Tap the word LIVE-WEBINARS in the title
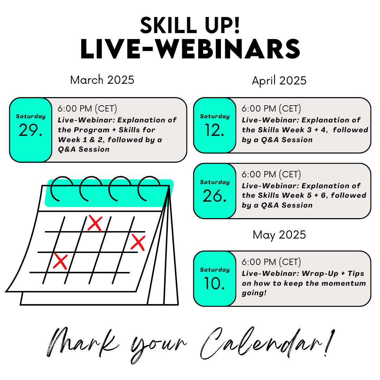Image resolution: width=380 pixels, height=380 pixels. point(190,49)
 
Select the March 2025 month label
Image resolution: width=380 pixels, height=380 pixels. point(102,80)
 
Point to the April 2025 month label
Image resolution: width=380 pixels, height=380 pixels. point(279,81)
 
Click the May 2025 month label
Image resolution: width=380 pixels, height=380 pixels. point(279,235)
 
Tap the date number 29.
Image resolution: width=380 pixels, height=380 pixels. point(31,131)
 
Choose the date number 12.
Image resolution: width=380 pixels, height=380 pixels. point(215,131)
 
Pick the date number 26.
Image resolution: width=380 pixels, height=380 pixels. point(215,196)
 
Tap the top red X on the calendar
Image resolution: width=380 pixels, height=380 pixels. point(95,223)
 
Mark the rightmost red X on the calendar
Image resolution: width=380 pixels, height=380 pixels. point(138,242)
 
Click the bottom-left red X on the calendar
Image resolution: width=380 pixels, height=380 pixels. point(60,262)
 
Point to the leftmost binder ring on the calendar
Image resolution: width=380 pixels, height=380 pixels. point(62,188)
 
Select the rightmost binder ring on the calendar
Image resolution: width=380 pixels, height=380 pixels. point(149,188)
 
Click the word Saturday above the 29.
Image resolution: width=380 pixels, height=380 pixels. point(31,116)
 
